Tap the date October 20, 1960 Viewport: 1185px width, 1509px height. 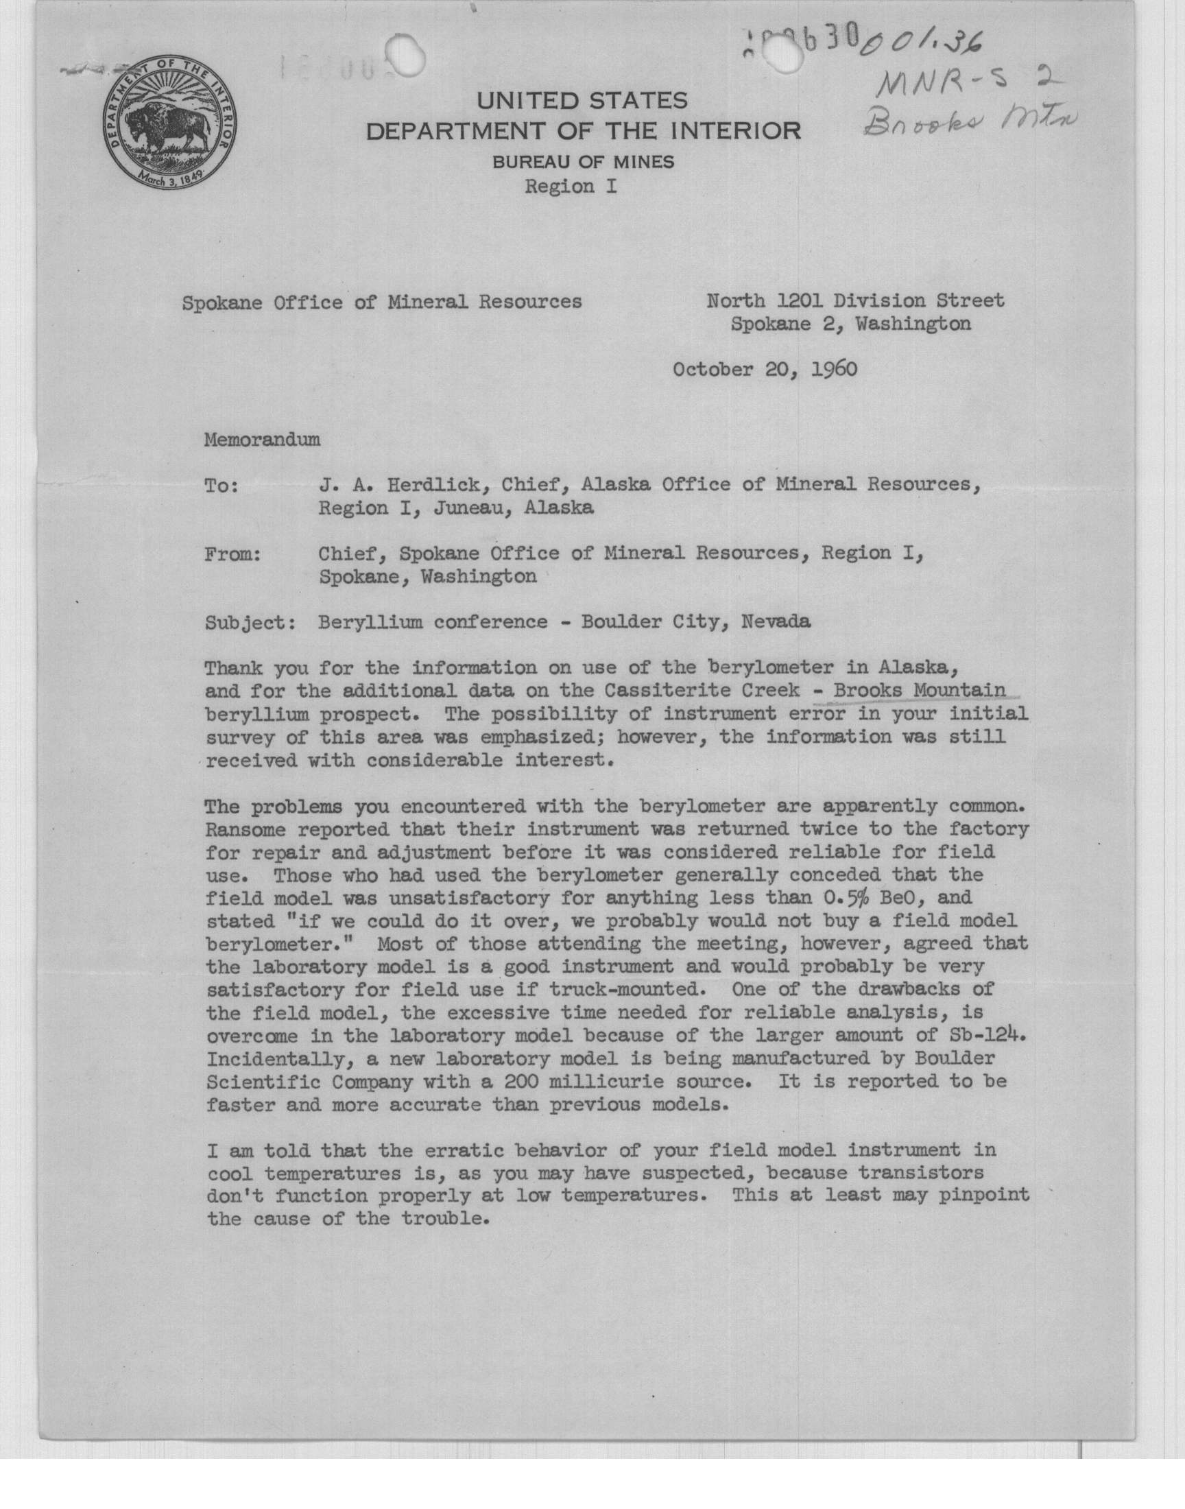765,368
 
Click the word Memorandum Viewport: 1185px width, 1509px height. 262,440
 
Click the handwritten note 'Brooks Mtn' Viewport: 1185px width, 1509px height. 970,123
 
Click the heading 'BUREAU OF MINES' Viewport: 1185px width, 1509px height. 583,163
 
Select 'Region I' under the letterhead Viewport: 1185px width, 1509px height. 571,187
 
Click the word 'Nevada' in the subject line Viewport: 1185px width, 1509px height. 776,621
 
